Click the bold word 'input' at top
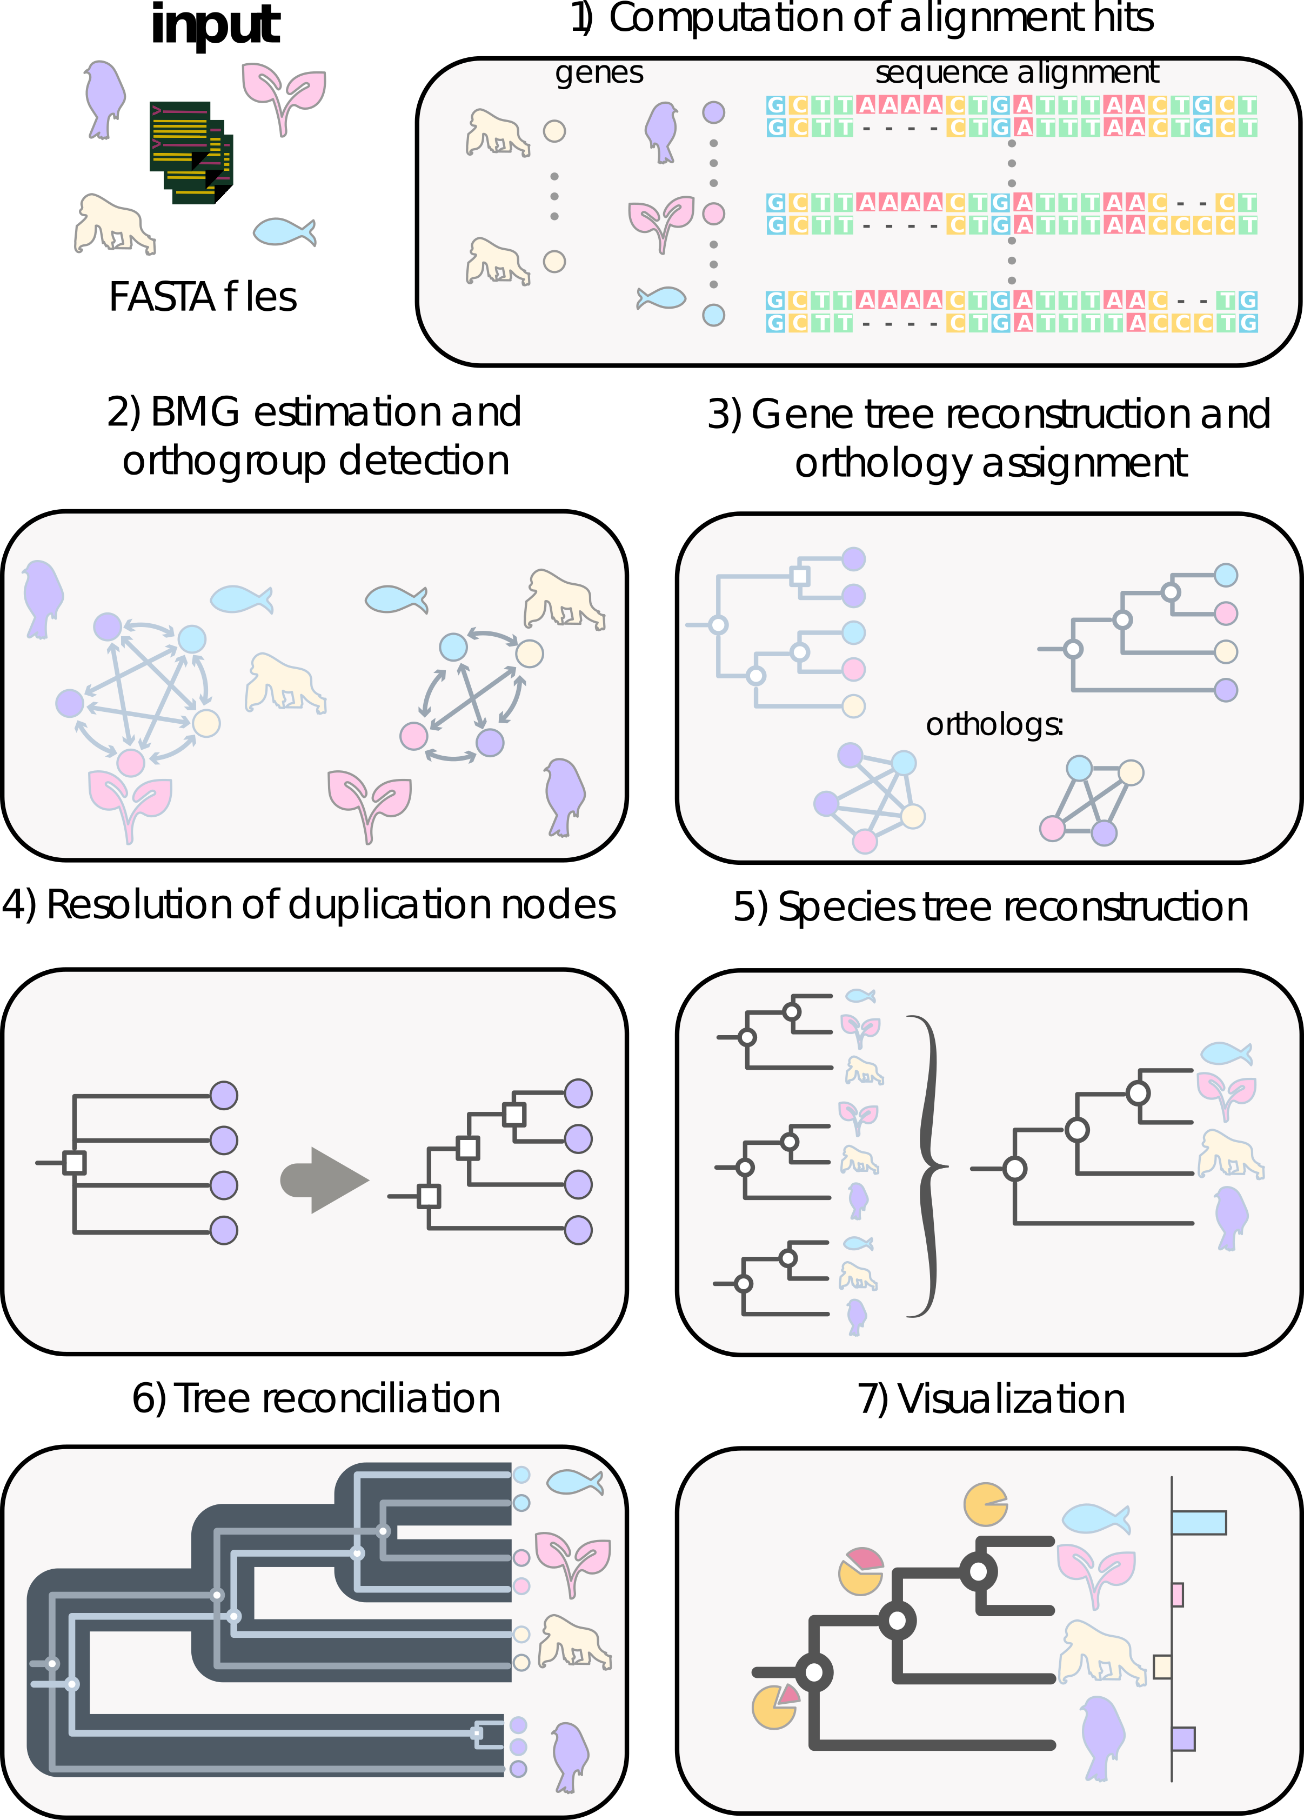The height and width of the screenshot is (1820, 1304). point(215,26)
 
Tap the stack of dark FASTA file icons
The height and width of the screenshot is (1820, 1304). point(191,152)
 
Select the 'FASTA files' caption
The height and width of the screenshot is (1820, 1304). point(203,297)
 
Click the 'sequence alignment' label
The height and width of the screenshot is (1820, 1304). point(1017,73)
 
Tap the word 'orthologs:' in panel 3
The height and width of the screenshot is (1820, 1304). point(995,725)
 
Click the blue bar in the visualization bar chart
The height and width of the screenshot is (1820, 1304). point(1199,1522)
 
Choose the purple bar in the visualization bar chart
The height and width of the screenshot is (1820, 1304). point(1183,1739)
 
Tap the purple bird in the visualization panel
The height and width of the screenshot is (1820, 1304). point(1102,1737)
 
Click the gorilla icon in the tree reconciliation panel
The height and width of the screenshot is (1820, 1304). point(574,1642)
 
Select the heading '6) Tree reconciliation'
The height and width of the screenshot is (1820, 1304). point(316,1399)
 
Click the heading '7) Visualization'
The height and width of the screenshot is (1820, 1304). point(991,1399)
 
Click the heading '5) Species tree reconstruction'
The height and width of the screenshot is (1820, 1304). point(991,908)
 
